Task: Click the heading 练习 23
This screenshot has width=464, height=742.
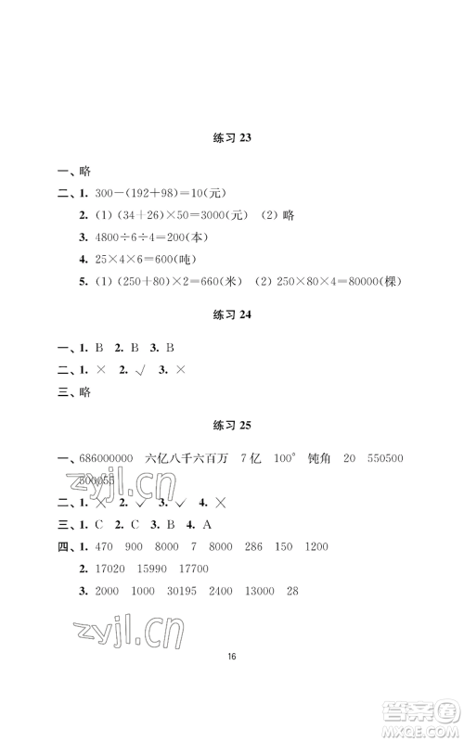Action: [x=232, y=138]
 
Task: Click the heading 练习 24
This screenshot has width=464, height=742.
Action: [x=232, y=314]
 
